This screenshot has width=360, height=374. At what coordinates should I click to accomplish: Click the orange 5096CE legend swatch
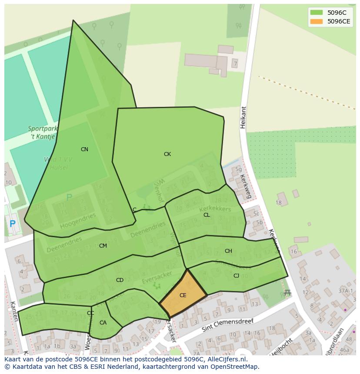pos(317,22)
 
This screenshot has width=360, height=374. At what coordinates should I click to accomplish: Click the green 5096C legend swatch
pos(317,13)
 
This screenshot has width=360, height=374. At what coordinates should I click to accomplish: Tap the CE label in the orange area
pos(183,295)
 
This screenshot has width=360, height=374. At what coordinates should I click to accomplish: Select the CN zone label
pos(84,149)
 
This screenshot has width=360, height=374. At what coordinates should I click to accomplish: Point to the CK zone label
pos(167,154)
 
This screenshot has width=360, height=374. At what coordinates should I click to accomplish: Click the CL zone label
pos(207,215)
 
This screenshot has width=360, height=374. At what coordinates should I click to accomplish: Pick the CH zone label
pos(228,251)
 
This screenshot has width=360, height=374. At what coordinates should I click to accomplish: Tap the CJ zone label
pos(236,276)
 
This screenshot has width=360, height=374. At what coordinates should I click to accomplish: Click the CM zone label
pos(103,246)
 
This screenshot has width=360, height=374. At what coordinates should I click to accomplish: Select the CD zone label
pos(120,280)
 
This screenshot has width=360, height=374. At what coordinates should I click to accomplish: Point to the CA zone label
pos(103,323)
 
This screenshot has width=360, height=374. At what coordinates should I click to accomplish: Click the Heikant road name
pos(243,117)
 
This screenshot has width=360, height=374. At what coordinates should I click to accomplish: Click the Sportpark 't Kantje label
pos(43,132)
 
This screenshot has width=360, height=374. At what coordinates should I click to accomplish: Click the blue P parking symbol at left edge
pos(12,224)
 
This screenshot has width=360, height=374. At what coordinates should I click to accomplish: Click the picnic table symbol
pos(287,293)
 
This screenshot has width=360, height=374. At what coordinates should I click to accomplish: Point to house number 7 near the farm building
pos(235,64)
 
